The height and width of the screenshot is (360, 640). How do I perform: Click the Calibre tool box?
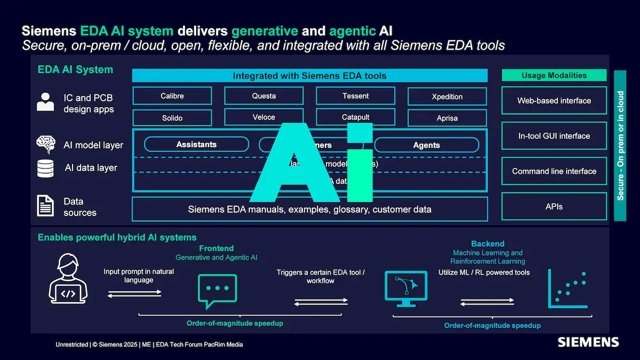coord(172,96)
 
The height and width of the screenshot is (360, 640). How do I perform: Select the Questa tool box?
coord(264,96)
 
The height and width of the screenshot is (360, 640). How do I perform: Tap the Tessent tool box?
coord(356,96)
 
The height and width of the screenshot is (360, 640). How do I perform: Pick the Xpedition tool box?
coord(447,97)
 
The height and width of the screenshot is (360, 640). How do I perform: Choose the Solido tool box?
coord(172,117)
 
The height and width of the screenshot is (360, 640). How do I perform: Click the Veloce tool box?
coord(264,117)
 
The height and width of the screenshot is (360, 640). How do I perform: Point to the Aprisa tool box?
coord(447,118)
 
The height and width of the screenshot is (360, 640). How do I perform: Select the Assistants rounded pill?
coord(197,144)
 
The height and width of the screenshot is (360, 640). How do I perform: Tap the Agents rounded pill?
coord(427,145)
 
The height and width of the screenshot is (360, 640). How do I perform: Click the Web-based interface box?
coord(554,100)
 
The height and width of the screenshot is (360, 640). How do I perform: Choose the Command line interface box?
coord(554,171)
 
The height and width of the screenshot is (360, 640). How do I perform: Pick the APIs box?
coord(554,206)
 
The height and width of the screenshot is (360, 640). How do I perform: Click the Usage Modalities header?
coord(554,75)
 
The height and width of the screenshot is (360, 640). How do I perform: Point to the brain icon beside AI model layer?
coord(46,144)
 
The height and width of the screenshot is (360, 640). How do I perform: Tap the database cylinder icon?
coord(46,168)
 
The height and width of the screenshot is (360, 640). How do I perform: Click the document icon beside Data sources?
coord(45,206)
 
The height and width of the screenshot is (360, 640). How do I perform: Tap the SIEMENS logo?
coord(588,342)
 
